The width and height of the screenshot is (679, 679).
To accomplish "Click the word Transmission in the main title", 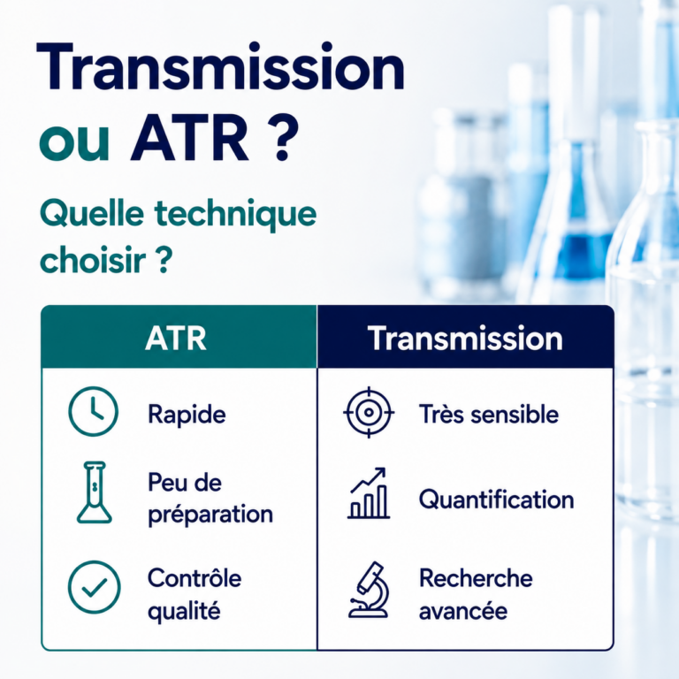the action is click(221, 66).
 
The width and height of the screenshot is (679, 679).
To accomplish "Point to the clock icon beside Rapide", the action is click(93, 411).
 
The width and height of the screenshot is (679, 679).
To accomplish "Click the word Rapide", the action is click(187, 415).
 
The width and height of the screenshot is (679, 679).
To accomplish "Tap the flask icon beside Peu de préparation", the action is click(95, 492).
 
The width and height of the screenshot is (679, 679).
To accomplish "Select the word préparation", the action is click(210, 515).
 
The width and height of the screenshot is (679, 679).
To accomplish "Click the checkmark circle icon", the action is click(94, 587).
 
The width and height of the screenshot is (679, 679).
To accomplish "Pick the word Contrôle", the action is click(195, 577).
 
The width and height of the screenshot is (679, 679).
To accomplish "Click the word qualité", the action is click(184, 612).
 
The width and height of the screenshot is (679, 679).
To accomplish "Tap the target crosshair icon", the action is click(369, 412).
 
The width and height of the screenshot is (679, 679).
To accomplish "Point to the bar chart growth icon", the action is click(369, 493).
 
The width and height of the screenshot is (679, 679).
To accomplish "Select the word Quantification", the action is click(497, 500).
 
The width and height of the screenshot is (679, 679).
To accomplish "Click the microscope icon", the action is click(369, 590).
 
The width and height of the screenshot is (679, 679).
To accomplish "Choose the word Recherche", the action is click(476, 577).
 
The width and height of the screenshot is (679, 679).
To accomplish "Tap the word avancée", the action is click(463, 612).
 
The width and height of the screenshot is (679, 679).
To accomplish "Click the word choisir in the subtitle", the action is click(93, 260).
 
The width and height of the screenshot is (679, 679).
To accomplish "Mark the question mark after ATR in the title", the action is click(282, 140).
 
